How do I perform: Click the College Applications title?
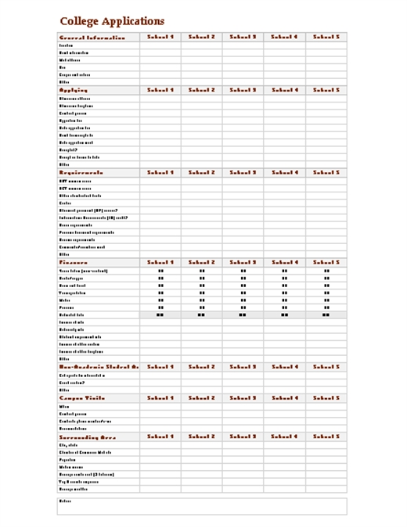(112, 22)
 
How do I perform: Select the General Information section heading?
(92, 38)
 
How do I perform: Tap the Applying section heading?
(75, 91)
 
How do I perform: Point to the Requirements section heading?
(81, 172)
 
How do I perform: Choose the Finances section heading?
(74, 263)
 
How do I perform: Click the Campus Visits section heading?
(82, 398)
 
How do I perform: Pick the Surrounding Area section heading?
(88, 436)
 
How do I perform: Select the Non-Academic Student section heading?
(98, 366)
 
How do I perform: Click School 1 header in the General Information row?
(160, 37)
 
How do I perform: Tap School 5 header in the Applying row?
(326, 91)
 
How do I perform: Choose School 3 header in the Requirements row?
(243, 172)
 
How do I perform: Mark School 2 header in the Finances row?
(201, 263)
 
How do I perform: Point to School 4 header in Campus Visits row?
(285, 398)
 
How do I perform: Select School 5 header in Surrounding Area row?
(326, 436)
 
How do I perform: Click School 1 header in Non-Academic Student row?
(160, 366)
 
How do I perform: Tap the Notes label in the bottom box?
(65, 501)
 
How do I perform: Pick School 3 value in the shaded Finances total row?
(243, 314)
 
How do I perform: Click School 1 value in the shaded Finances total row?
(160, 314)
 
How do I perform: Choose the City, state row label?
(69, 445)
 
